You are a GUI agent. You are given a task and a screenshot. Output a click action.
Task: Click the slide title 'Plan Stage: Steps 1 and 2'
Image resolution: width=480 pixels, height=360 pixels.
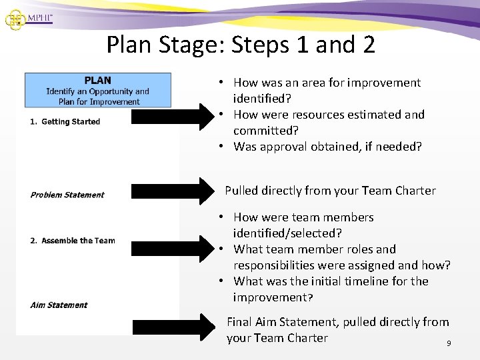[241, 45]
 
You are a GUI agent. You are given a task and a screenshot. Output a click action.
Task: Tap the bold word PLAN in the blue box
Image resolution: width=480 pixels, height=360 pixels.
[97, 80]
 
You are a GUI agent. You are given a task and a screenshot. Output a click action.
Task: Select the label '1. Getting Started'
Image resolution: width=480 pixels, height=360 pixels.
[65, 121]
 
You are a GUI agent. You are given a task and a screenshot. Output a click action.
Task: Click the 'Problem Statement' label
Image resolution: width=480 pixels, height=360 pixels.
[67, 195]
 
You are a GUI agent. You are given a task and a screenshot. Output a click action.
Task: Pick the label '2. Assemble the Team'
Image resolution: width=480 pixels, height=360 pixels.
[72, 241]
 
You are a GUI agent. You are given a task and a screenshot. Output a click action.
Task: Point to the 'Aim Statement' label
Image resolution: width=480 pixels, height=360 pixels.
[59, 305]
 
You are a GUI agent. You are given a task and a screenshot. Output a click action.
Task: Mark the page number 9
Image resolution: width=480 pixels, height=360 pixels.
[449, 343]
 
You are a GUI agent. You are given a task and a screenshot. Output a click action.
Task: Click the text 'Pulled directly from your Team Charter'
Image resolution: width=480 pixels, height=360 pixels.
[330, 191]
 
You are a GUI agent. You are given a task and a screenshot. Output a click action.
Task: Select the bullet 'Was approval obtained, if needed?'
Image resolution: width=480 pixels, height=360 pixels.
[327, 147]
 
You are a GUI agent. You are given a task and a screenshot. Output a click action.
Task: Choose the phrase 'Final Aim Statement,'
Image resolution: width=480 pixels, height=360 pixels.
[283, 322]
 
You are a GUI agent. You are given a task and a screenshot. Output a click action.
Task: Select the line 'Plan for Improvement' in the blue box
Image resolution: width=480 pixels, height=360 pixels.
[99, 102]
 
